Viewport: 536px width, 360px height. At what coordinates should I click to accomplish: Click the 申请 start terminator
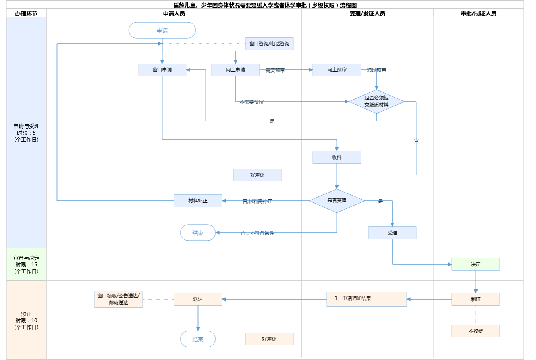coord(162,31)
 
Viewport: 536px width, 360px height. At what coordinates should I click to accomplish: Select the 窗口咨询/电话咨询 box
coord(269,44)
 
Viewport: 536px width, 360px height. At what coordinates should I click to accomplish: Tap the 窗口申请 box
coord(162,70)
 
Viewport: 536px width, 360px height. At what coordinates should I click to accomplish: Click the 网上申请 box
coord(235,70)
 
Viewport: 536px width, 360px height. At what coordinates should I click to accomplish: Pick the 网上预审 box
coord(337,70)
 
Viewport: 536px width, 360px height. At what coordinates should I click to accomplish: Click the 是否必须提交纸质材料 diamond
coord(376,102)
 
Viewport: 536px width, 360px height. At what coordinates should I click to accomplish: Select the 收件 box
coord(337,157)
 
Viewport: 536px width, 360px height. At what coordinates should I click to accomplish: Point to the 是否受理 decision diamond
coord(337,201)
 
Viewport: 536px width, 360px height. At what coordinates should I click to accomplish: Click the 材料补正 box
coord(198,201)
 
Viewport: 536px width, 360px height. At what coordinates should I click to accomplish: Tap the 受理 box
coord(392,233)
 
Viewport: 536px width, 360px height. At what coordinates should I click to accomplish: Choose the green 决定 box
coord(476,264)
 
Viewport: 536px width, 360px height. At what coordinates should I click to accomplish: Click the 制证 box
coord(476,299)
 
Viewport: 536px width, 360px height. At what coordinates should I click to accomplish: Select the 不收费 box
coord(476,331)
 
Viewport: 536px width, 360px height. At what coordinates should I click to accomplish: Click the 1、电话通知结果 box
coord(366,299)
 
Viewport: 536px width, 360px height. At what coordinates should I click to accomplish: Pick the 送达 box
coord(198,299)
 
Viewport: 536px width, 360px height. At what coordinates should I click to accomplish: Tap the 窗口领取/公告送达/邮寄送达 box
coord(118,299)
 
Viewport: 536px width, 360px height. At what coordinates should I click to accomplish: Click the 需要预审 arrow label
coord(275,70)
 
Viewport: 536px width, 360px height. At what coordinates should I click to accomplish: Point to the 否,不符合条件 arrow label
coord(257,233)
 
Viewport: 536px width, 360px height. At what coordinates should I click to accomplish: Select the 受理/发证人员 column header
coord(367,13)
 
